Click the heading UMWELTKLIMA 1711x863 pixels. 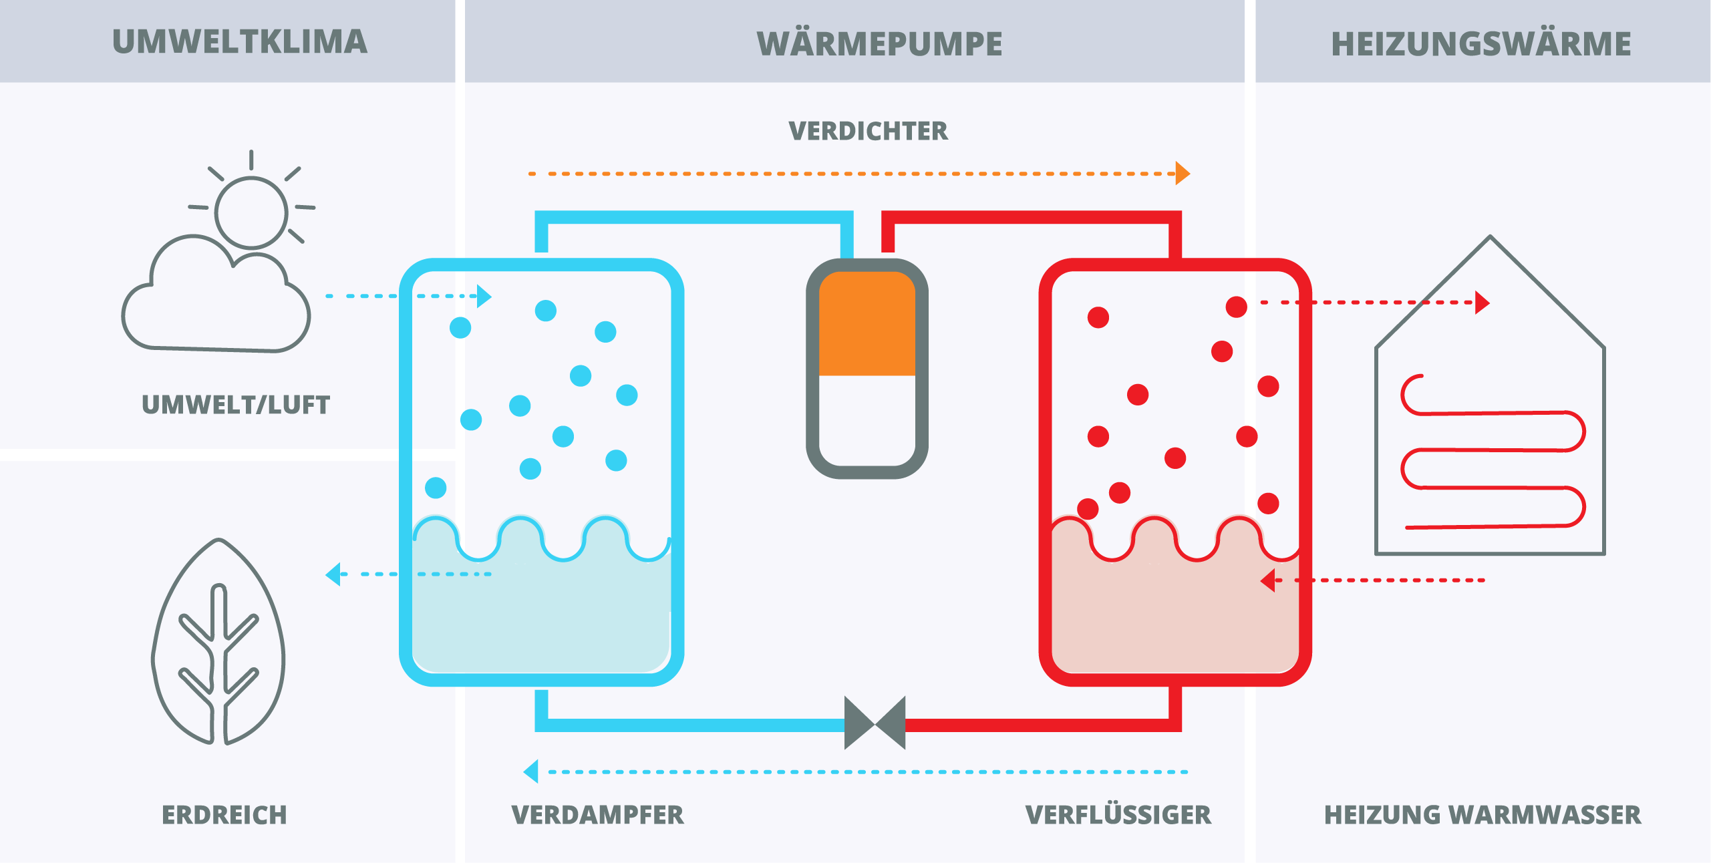click(239, 42)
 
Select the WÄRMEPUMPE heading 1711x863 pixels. click(879, 44)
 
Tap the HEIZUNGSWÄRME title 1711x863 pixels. click(1481, 44)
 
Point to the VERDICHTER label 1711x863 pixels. click(868, 131)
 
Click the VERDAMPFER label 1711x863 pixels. click(597, 815)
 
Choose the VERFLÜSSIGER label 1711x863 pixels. click(1118, 815)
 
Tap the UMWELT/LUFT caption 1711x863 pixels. click(236, 405)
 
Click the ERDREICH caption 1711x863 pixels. click(224, 815)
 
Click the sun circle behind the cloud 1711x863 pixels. click(251, 212)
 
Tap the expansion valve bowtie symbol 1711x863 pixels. click(875, 723)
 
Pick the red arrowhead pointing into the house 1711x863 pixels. click(1482, 303)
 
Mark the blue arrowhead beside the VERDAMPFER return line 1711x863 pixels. click(532, 771)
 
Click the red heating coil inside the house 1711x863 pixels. click(1493, 452)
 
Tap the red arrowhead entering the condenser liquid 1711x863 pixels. click(1268, 580)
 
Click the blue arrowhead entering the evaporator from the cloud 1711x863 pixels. click(484, 296)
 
